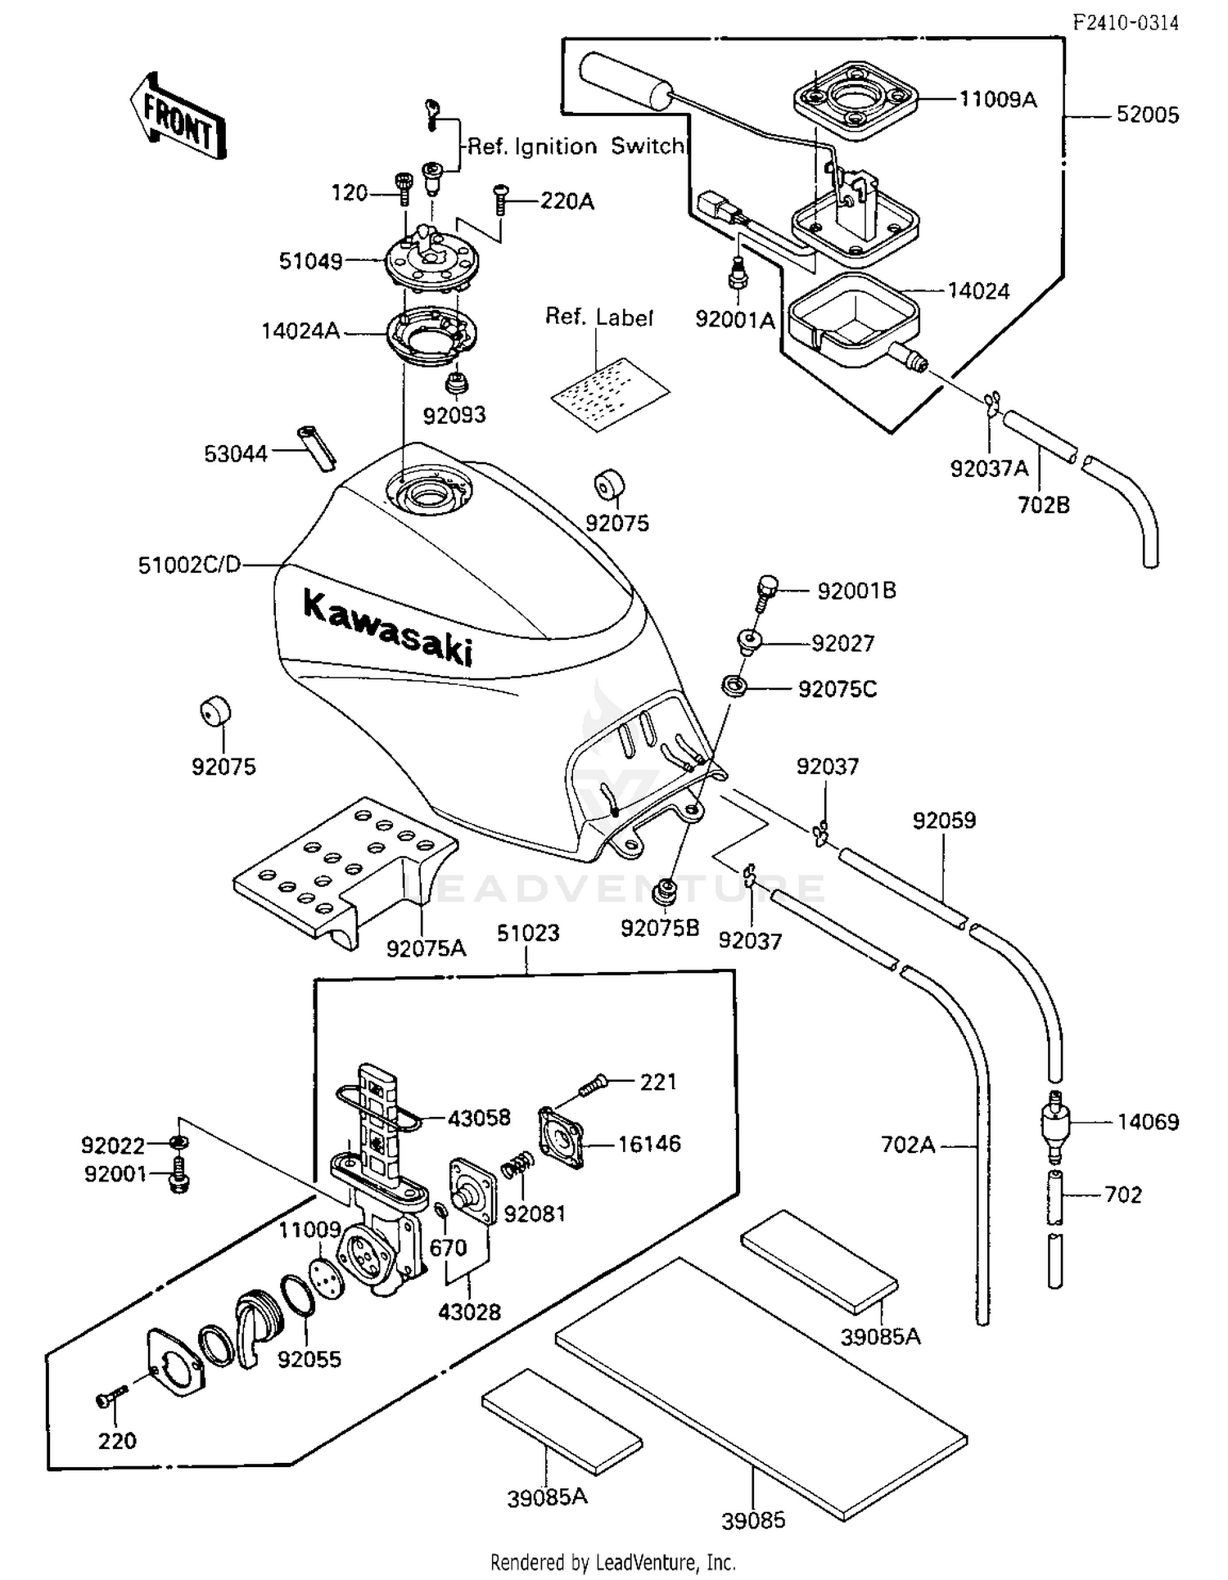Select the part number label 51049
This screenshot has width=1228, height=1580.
pos(310,262)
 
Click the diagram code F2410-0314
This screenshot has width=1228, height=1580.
pos(1126,23)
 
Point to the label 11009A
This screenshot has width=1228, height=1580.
pos(997,100)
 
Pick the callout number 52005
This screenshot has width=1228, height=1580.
pos(1148,115)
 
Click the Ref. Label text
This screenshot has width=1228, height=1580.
pos(598,317)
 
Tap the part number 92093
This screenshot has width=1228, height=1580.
pos(454,416)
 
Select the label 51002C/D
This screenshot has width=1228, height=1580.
pos(189,565)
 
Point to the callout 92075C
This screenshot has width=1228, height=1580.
pos(837,690)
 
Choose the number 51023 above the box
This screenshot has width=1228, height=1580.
pos(528,934)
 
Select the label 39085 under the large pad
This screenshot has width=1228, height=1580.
pos(752,1520)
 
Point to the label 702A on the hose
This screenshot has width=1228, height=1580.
pos(908,1145)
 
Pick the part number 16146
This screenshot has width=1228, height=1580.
pos(648,1144)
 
